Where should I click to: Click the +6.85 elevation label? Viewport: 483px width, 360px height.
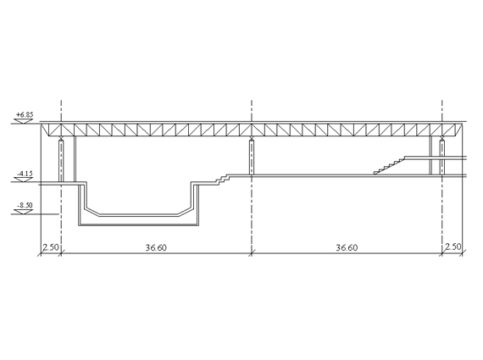[25, 114]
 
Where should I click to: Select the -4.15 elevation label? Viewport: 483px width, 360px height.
[25, 174]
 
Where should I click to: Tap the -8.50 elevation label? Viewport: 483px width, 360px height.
[25, 205]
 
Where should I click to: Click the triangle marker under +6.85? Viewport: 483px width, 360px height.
[24, 121]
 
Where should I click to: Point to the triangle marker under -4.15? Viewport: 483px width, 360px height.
[24, 180]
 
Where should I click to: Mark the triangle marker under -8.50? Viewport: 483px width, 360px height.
[24, 212]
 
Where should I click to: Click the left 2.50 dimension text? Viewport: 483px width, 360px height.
[51, 247]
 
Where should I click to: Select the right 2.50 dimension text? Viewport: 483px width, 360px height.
[453, 246]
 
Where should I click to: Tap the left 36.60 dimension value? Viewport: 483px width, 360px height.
[156, 247]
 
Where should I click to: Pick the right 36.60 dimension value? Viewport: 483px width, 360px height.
[347, 247]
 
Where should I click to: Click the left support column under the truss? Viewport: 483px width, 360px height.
[61, 160]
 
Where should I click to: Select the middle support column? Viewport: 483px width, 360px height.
[252, 157]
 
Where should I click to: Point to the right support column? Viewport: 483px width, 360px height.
[442, 157]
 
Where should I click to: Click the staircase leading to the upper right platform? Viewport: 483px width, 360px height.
[389, 166]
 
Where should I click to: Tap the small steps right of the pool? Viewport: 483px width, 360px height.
[223, 180]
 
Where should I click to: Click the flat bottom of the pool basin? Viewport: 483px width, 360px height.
[139, 215]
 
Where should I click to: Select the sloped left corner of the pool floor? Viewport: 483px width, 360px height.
[92, 212]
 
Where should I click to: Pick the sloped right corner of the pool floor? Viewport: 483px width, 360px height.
[185, 211]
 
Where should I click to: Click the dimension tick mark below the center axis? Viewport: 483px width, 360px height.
[252, 253]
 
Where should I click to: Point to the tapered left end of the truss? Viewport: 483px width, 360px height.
[45, 129]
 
